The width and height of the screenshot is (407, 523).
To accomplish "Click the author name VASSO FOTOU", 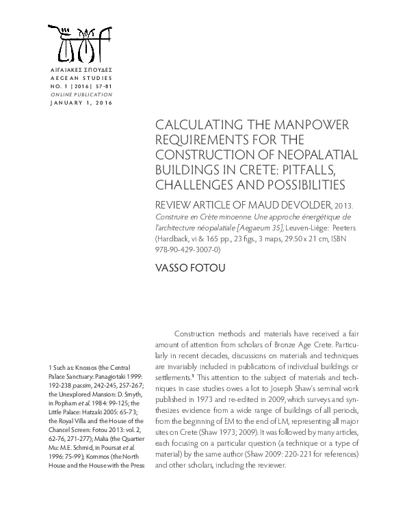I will pos(187,270).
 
